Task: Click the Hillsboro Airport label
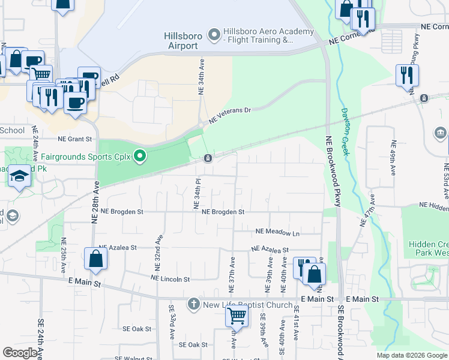183,40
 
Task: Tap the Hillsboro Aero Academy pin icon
214,35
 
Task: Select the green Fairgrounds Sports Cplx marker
140,157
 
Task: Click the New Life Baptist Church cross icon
193,304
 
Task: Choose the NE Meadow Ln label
277,232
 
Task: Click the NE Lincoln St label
170,279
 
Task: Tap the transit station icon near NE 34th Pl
208,158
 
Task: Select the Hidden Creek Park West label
429,249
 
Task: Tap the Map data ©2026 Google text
411,355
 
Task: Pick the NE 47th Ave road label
368,210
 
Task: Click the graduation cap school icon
19,176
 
